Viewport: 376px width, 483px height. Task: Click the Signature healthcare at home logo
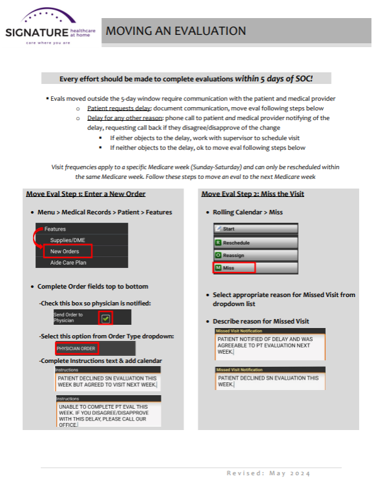click(50, 27)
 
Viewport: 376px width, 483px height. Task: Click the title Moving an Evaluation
click(176, 31)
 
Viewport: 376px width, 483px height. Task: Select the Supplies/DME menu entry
click(67, 240)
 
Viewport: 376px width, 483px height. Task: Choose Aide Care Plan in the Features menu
click(68, 262)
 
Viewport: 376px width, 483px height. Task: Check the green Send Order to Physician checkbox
click(105, 318)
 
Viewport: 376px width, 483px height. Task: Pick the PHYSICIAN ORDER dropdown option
click(76, 349)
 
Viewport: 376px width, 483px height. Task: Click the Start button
click(256, 229)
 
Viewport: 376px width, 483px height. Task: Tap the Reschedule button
click(256, 243)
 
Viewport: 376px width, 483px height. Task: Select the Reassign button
click(256, 255)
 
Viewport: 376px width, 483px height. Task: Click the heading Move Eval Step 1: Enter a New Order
click(86, 194)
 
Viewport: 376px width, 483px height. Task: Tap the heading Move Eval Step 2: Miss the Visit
click(253, 194)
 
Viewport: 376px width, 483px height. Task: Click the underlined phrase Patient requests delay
click(119, 108)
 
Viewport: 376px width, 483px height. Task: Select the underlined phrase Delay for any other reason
click(125, 118)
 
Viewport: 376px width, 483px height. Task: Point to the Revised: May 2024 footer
click(268, 473)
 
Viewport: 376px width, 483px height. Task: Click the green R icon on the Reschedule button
click(218, 243)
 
